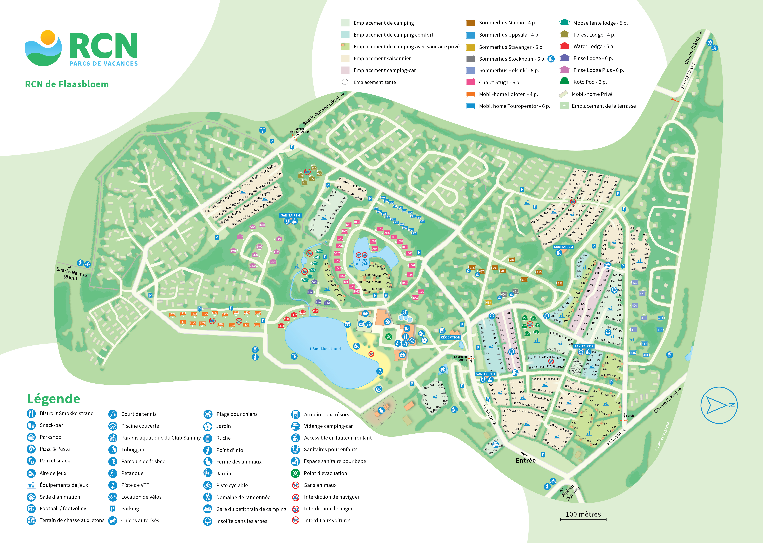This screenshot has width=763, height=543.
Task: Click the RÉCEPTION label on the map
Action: (x=450, y=337)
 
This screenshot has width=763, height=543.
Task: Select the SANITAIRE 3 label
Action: (x=563, y=247)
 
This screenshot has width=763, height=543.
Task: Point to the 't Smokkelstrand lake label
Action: (x=325, y=349)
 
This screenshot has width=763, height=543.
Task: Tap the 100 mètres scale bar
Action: (x=583, y=519)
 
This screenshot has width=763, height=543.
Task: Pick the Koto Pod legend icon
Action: (x=564, y=81)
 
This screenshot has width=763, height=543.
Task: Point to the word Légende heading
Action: (x=54, y=399)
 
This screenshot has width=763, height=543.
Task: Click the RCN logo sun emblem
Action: (x=48, y=37)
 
